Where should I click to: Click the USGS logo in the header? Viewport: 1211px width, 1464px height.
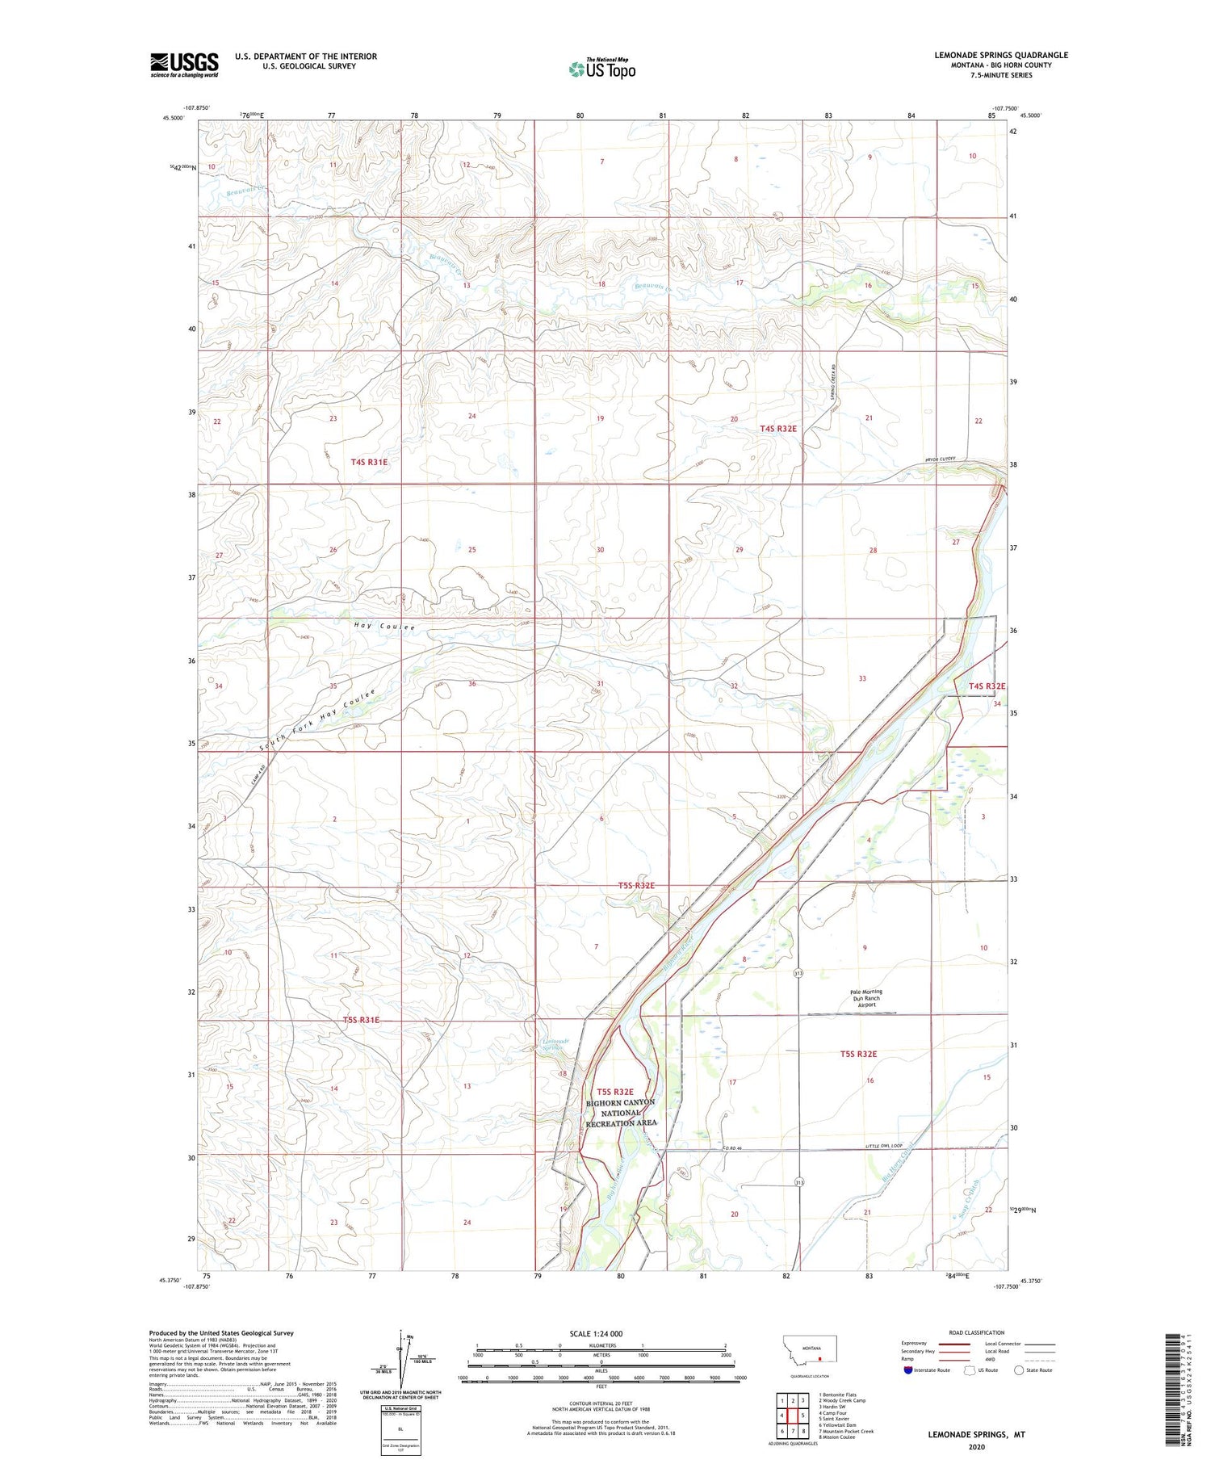click(x=184, y=65)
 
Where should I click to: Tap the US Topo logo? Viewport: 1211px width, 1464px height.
click(x=602, y=69)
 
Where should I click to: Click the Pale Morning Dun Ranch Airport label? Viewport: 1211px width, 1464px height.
click(x=865, y=998)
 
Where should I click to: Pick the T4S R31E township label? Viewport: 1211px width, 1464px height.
click(x=369, y=462)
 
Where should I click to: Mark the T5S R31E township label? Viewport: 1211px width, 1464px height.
click(x=361, y=1020)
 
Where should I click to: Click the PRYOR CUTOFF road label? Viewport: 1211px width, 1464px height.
click(x=941, y=459)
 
